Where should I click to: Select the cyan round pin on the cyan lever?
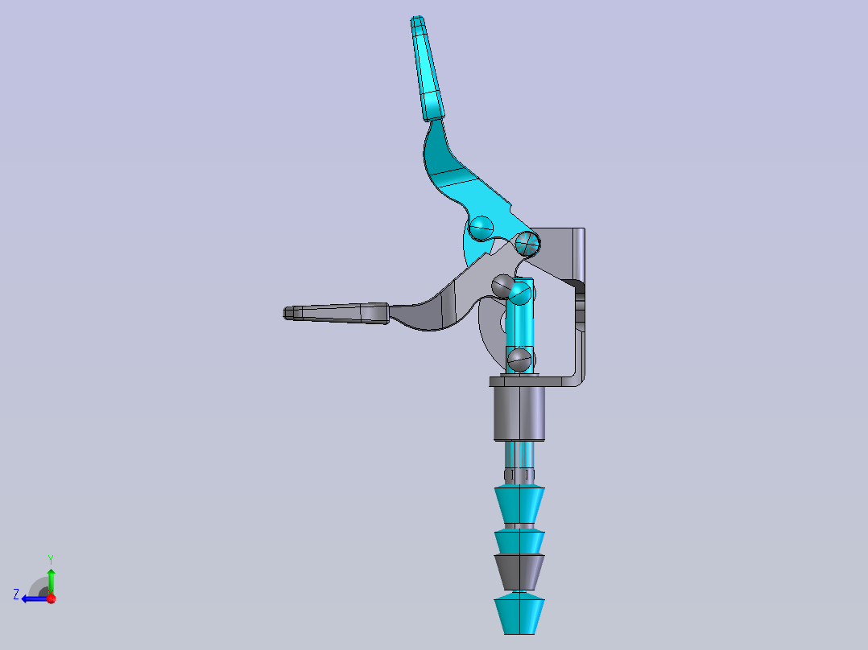[482, 228]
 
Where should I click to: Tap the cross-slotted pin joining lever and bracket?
[527, 241]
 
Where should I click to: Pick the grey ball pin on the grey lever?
[502, 285]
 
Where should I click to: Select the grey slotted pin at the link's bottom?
[519, 359]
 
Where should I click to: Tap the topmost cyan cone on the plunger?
[519, 504]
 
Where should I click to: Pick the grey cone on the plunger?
[519, 570]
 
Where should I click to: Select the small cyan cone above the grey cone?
[519, 541]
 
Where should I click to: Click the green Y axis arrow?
[51, 578]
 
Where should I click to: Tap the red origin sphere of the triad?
[51, 599]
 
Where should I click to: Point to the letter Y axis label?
[50, 558]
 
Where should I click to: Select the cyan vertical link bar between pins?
[520, 326]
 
